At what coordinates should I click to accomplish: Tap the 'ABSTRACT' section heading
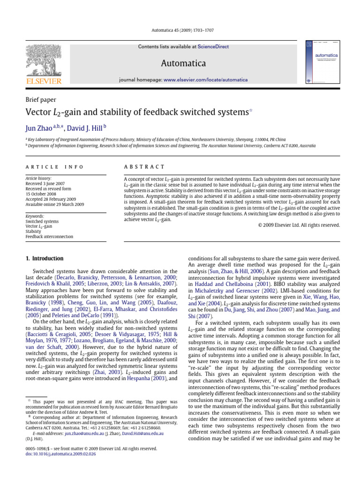tap(144, 167)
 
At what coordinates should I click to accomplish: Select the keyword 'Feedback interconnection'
tap(49, 237)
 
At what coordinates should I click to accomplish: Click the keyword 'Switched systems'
tap(42, 221)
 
